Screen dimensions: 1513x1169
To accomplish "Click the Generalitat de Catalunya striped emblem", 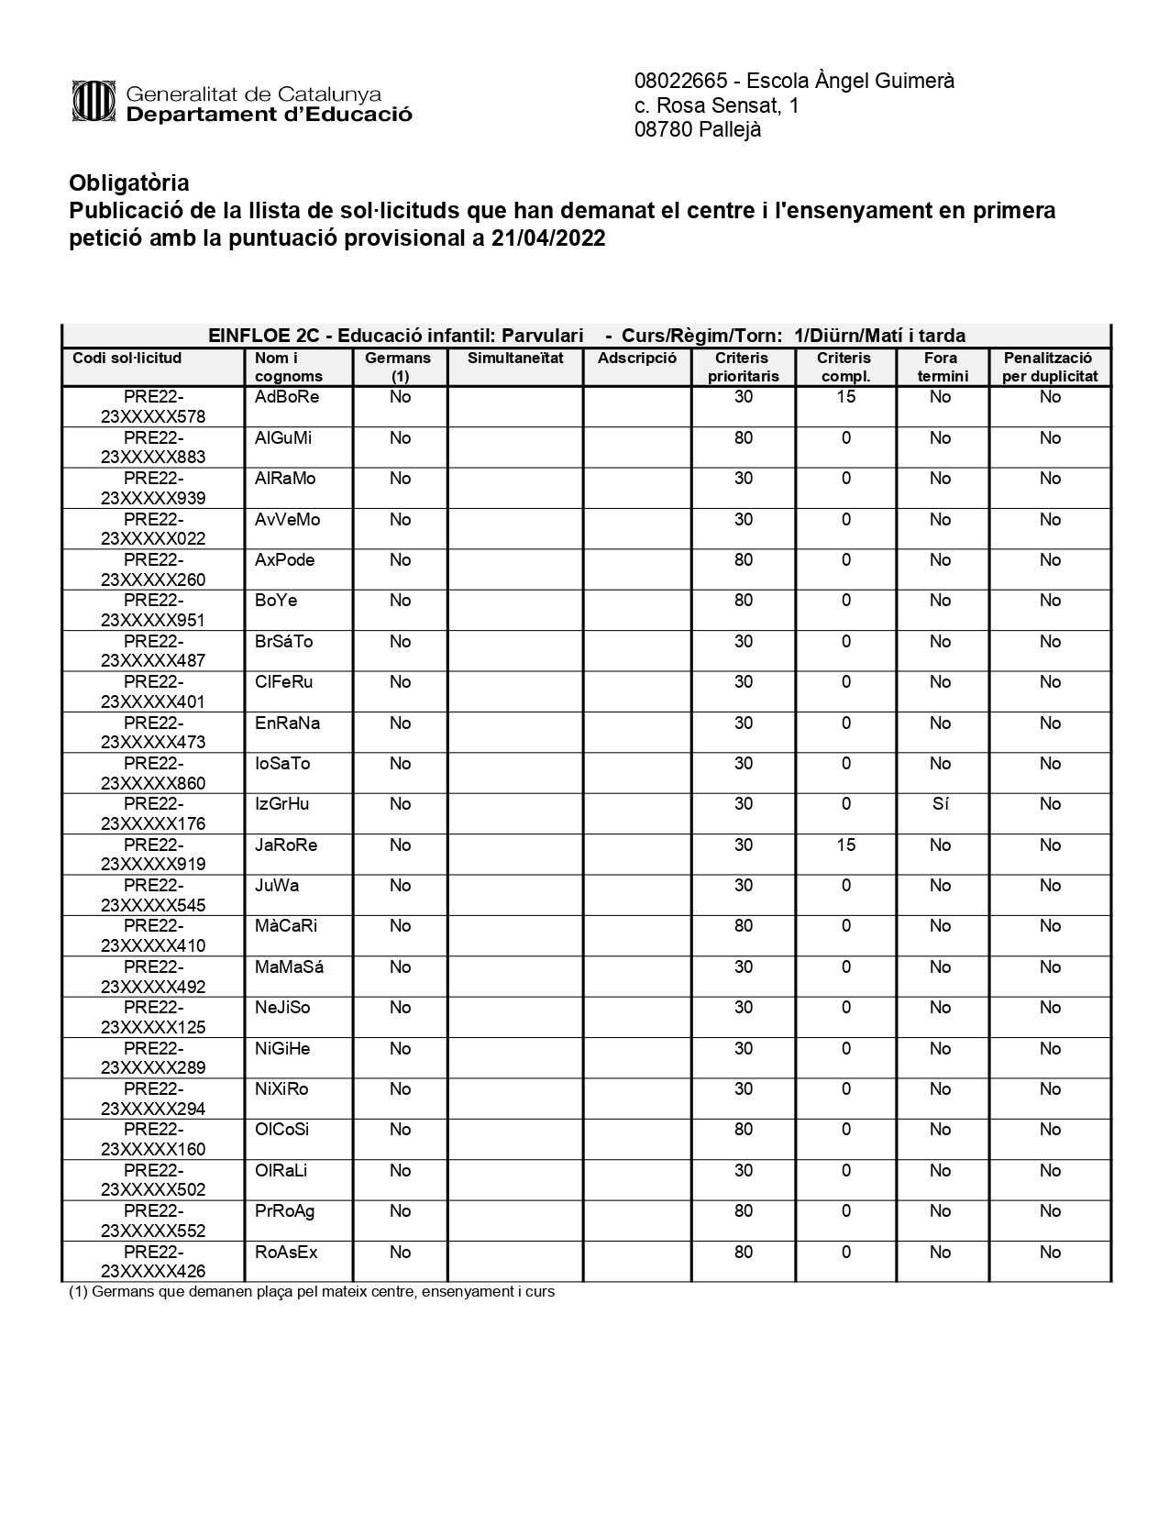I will point(93,102).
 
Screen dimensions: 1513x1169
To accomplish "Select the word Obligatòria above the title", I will point(129,182).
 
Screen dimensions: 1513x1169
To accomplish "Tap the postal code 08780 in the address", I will point(663,130).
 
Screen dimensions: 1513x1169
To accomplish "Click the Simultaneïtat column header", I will point(515,359).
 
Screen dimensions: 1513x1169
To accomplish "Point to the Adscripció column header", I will point(636,359).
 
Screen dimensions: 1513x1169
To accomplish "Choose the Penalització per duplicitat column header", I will point(1049,367).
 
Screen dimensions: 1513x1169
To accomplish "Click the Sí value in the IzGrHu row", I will point(940,804).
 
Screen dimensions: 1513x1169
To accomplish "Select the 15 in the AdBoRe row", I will point(845,397).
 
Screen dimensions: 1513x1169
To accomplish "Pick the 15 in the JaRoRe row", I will point(845,845).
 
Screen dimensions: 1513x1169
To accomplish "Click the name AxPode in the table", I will point(284,560).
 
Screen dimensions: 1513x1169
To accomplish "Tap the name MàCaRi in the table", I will point(286,926).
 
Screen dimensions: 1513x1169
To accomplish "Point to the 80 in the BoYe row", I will point(743,601).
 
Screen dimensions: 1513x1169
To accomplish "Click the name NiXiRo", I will point(281,1089).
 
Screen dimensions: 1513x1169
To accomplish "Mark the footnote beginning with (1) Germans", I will point(312,1292).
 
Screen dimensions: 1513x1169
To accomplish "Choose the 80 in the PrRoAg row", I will point(743,1211).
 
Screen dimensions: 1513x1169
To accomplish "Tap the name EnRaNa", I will point(287,723).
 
